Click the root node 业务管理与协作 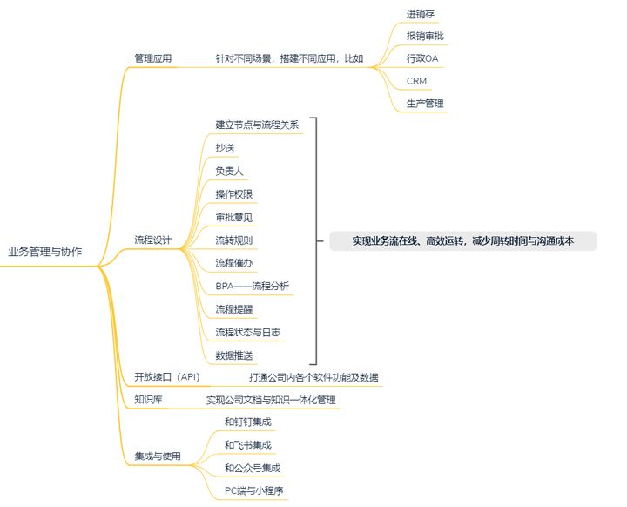click(x=45, y=253)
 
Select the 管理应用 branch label click(x=152, y=59)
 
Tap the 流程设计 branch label click(x=152, y=240)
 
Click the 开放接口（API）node click(x=167, y=377)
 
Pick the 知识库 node click(x=149, y=400)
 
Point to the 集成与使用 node click(x=158, y=456)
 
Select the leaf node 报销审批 click(x=425, y=37)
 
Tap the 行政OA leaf click(x=422, y=59)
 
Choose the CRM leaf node click(x=416, y=82)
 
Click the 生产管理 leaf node click(x=425, y=104)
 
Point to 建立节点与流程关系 click(x=257, y=125)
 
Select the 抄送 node click(x=225, y=148)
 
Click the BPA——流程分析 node click(x=253, y=286)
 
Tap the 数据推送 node click(x=235, y=355)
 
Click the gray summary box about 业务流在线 click(x=462, y=240)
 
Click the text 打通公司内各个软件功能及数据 click(x=313, y=377)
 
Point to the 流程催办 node click(x=235, y=262)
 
